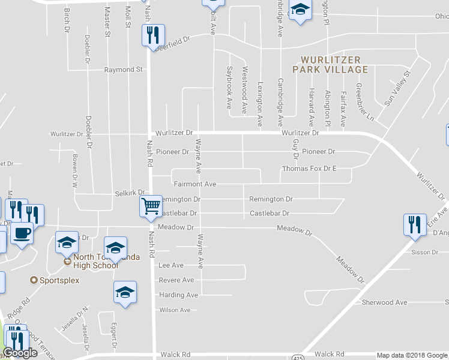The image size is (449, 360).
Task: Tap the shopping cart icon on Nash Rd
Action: point(151,206)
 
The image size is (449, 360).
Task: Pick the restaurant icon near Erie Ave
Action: point(414,224)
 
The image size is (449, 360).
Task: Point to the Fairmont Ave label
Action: point(194,184)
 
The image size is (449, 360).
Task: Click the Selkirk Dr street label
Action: point(131,194)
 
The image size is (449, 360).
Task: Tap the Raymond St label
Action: point(123,70)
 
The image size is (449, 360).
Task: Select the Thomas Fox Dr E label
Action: point(309,169)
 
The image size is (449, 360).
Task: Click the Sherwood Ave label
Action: point(384,302)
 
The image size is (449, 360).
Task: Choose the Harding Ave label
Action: point(178,295)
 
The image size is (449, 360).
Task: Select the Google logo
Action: point(20,353)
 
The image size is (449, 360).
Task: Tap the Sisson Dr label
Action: point(426,253)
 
